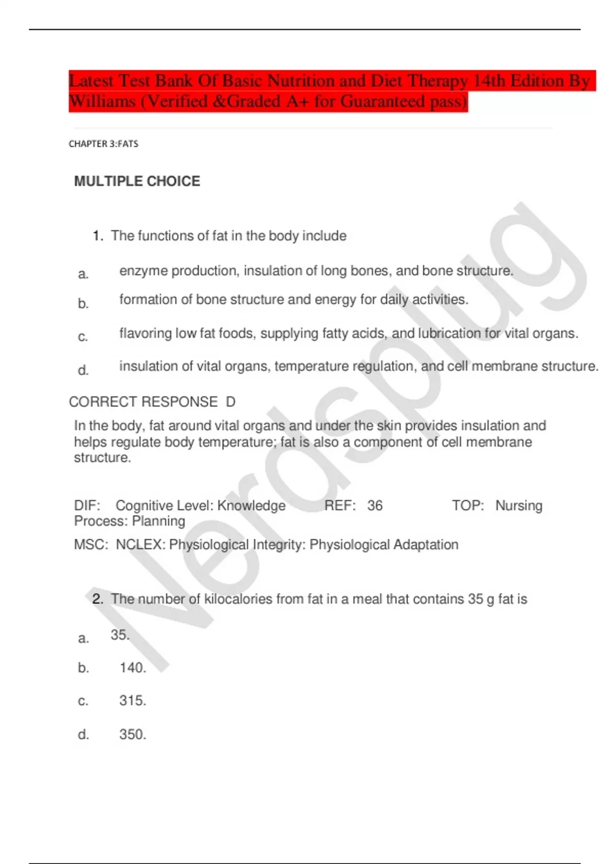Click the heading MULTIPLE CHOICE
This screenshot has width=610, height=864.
pyautogui.click(x=137, y=181)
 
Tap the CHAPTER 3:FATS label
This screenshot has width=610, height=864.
pyautogui.click(x=103, y=144)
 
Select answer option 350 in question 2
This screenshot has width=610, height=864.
pyautogui.click(x=132, y=734)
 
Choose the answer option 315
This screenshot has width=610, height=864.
pyautogui.click(x=132, y=701)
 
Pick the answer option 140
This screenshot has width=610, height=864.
pyautogui.click(x=132, y=668)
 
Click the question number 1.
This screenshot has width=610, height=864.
pyautogui.click(x=98, y=236)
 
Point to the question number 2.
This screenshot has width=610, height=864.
pyautogui.click(x=98, y=599)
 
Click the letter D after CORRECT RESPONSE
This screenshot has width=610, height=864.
pyautogui.click(x=230, y=402)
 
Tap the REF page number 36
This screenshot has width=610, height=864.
pyautogui.click(x=375, y=506)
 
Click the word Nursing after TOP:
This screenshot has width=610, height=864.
pyautogui.click(x=518, y=506)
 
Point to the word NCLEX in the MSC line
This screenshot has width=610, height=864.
pyautogui.click(x=140, y=545)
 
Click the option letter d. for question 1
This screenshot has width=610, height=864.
pyautogui.click(x=83, y=371)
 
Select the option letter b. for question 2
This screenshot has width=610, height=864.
pyautogui.click(x=83, y=668)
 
